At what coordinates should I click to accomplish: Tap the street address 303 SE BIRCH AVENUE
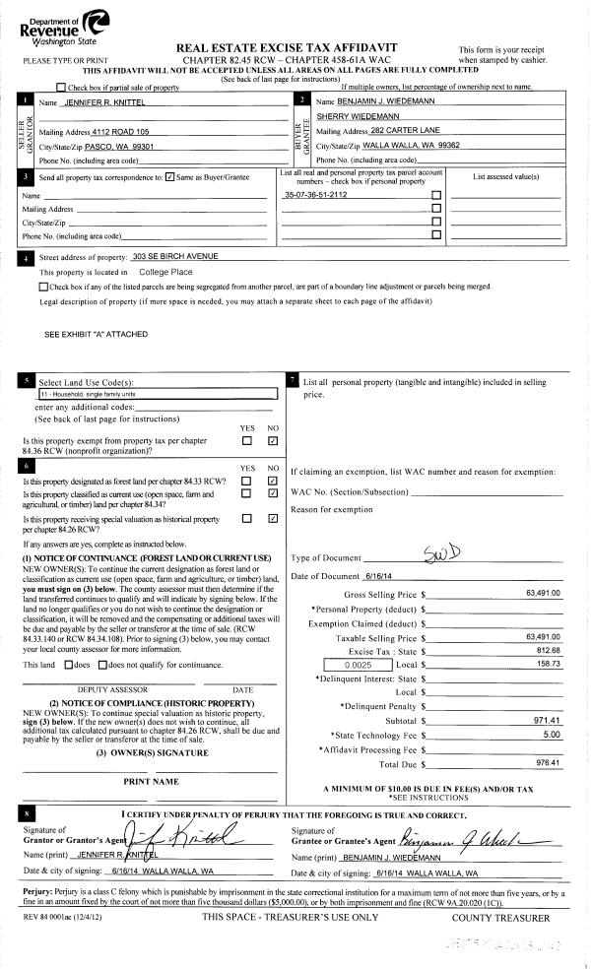pyautogui.click(x=175, y=256)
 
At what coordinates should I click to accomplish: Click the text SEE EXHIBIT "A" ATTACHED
pyautogui.click(x=97, y=334)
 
